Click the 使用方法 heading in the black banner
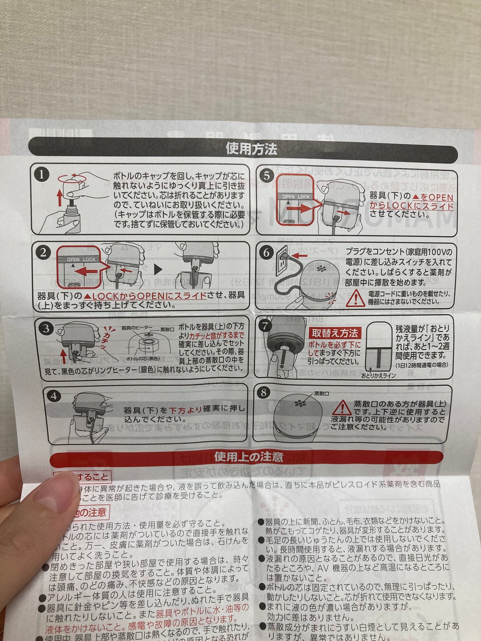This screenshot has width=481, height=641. [x=251, y=149]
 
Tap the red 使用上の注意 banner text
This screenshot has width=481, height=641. [x=249, y=457]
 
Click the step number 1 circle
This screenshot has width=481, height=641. [x=42, y=175]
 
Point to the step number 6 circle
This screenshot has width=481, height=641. [x=266, y=252]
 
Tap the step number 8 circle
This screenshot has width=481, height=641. [x=264, y=392]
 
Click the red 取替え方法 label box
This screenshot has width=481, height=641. [x=334, y=333]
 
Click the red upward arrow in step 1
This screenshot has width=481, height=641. [x=59, y=197]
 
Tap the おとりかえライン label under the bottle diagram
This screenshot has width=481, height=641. [x=378, y=375]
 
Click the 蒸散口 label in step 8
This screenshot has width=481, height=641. [x=321, y=393]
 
